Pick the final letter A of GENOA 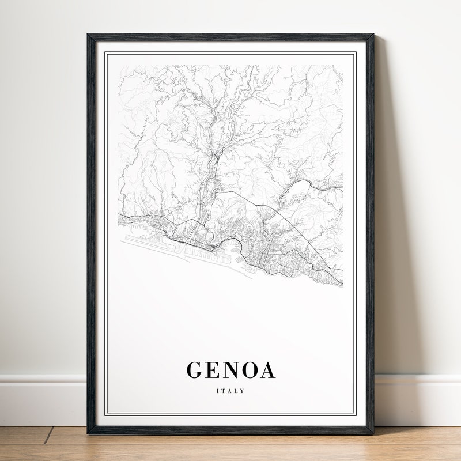point(267,371)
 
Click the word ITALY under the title point(231,391)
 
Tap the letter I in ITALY point(217,391)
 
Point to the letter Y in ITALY point(243,391)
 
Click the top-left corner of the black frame point(88,35)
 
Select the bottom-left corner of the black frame point(88,433)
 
